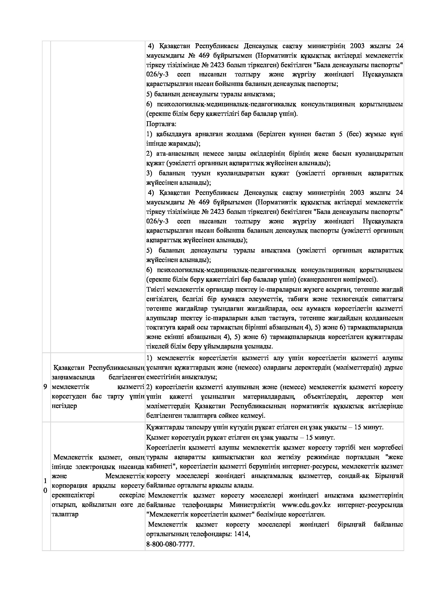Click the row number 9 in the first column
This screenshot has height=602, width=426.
pos(45,387)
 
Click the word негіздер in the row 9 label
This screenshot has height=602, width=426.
pos(64,406)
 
